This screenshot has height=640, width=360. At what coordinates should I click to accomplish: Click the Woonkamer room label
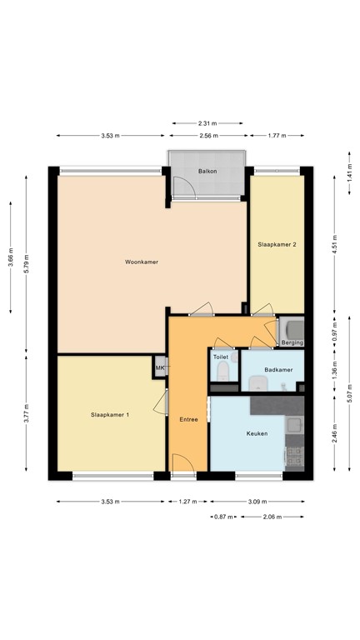click(142, 262)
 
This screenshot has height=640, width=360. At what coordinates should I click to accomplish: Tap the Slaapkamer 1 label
click(110, 415)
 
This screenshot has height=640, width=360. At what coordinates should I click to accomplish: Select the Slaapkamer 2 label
click(277, 244)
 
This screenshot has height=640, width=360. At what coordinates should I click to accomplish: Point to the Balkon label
click(207, 171)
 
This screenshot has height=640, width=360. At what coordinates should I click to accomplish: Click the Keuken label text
click(257, 433)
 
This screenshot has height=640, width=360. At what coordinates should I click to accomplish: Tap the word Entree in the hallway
click(188, 419)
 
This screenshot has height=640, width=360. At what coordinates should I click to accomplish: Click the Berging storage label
click(292, 342)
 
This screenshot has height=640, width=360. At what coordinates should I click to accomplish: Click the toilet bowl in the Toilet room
click(220, 372)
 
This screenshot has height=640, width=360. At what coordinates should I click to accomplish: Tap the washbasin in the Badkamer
click(258, 383)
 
